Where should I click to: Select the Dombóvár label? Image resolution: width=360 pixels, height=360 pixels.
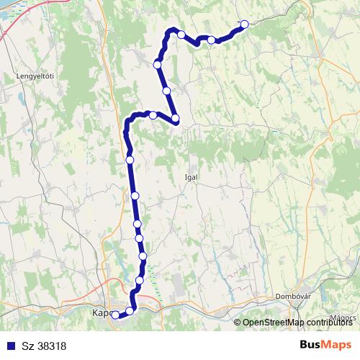tap(292, 296)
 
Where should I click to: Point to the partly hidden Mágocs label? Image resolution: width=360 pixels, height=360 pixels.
tap(344, 315)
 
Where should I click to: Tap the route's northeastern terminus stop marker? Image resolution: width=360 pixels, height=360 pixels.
tap(244, 24)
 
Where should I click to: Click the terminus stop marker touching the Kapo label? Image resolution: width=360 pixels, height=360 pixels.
tap(115, 314)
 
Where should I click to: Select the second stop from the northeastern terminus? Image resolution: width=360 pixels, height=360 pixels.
tap(211, 40)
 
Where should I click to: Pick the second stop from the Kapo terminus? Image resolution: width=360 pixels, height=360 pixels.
tap(130, 310)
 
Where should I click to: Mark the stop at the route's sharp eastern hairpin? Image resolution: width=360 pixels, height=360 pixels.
tap(175, 119)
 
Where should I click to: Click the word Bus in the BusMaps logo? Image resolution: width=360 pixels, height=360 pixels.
tap(311, 345)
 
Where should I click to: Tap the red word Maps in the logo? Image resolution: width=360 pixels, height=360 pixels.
tap(338, 345)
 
